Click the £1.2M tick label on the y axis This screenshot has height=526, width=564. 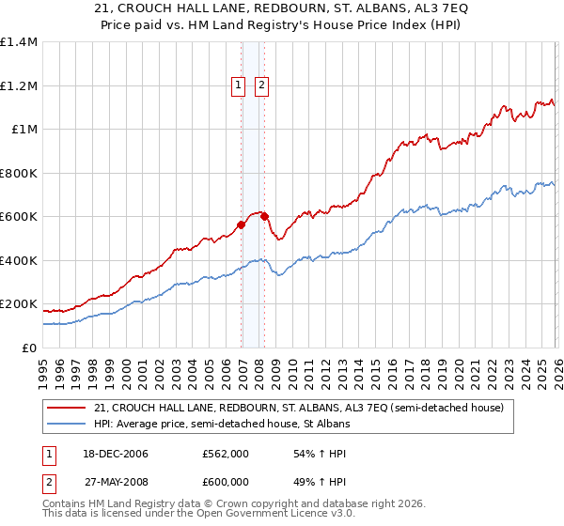pyautogui.click(x=19, y=85)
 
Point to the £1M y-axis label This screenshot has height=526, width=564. pyautogui.click(x=23, y=129)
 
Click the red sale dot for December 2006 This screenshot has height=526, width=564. pyautogui.click(x=242, y=224)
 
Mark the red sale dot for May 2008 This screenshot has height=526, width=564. pyautogui.click(x=265, y=216)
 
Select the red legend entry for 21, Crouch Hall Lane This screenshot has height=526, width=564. pyautogui.click(x=299, y=408)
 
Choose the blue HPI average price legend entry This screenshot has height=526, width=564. pyautogui.click(x=222, y=425)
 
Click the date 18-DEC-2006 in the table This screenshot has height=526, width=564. pyautogui.click(x=121, y=454)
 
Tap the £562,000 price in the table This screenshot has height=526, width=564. pyautogui.click(x=226, y=454)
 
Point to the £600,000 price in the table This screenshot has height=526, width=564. pyautogui.click(x=226, y=482)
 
